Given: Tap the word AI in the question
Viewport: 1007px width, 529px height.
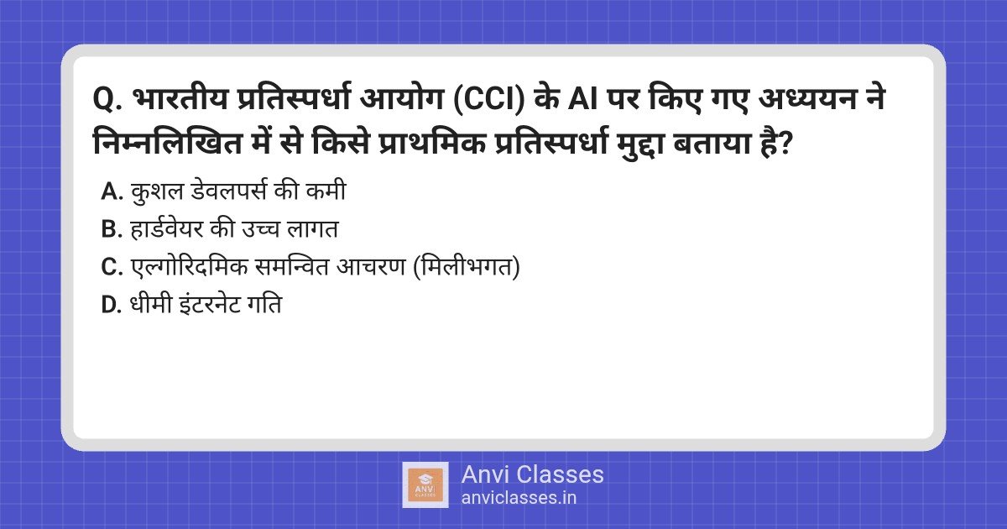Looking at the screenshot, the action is [582, 99].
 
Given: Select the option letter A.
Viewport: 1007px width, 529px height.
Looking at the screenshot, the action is [112, 191].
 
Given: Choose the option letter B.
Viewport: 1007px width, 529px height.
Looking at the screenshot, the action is [112, 229].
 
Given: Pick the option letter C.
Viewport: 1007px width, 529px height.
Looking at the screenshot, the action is [112, 267].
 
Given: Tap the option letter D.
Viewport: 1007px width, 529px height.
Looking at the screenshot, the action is [112, 305].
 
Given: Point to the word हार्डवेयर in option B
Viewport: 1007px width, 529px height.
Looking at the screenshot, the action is [166, 228].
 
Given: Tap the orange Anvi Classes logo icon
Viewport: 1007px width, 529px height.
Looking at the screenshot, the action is [425, 485].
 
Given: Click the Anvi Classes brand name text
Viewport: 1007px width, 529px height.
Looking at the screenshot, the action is [532, 474].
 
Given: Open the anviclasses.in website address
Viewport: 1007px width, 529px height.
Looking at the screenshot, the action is [519, 498].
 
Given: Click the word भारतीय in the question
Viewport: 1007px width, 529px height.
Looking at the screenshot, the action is [180, 99].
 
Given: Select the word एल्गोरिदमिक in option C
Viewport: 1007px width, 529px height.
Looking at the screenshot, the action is [190, 266].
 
